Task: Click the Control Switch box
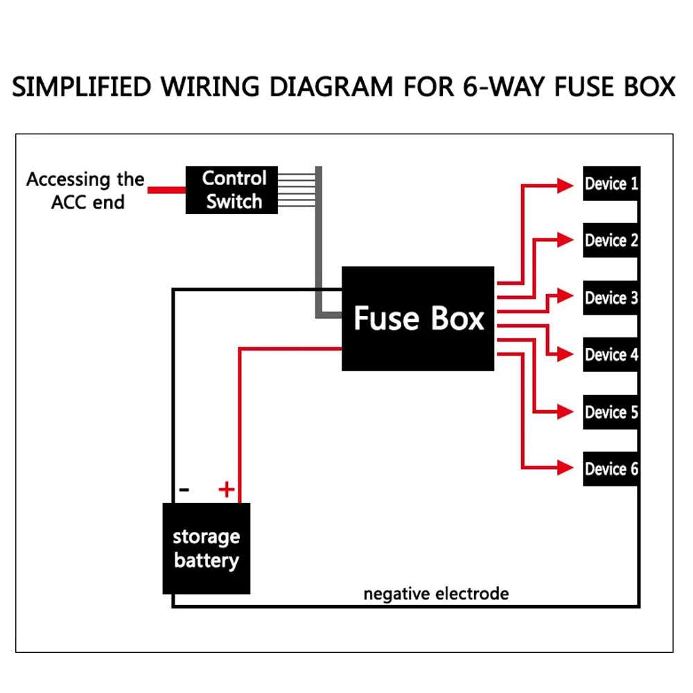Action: (232, 190)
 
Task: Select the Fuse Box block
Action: (418, 319)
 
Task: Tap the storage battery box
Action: (206, 548)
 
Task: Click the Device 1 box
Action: (611, 184)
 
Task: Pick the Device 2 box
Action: (611, 240)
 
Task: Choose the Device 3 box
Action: (611, 298)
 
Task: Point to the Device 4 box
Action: (611, 355)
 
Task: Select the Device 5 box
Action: (611, 412)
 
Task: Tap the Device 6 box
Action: (611, 469)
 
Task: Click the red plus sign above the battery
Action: (227, 490)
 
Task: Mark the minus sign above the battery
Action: (184, 490)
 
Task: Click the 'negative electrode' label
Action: (436, 594)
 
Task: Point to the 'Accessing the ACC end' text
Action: (86, 191)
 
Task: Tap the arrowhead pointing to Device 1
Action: (565, 184)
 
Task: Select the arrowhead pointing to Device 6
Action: (565, 468)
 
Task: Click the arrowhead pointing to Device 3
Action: (565, 296)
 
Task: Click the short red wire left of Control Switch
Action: (166, 190)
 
